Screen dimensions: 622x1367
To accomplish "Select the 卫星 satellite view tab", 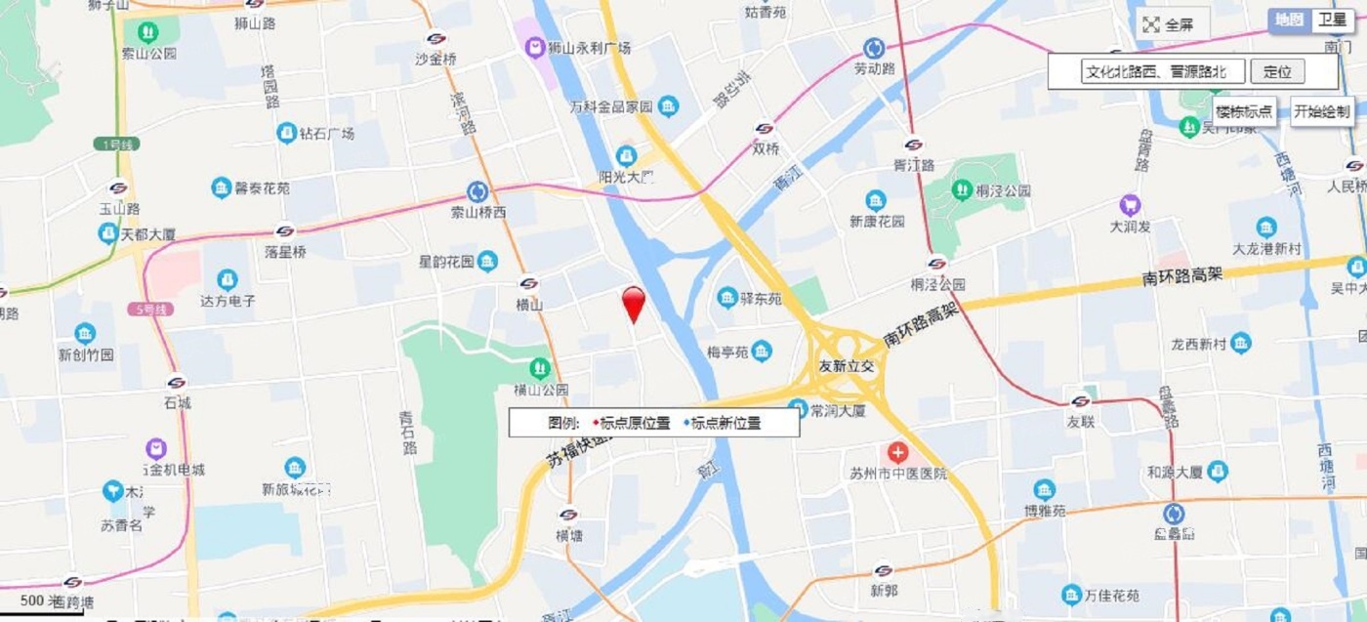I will click(1333, 20).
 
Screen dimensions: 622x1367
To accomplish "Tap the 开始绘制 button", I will click(1322, 111).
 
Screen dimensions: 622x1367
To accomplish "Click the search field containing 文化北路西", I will click(1163, 71).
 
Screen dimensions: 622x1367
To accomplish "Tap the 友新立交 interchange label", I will click(852, 365).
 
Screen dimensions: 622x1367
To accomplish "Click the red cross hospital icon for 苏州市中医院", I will click(896, 453).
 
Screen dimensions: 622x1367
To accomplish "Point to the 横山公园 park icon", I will click(539, 369).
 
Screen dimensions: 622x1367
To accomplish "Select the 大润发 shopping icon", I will click(1131, 206).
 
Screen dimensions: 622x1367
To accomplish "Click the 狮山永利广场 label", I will click(588, 48).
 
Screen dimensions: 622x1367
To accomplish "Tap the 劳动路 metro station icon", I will click(874, 48).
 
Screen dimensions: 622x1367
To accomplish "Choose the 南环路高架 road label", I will click(1181, 276).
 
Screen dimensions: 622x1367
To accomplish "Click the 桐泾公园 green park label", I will click(1003, 191).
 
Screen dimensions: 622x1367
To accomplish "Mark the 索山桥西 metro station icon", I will click(477, 191).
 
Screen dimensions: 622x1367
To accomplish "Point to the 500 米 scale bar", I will click(39, 601).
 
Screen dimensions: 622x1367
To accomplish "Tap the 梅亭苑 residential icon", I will click(762, 351).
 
